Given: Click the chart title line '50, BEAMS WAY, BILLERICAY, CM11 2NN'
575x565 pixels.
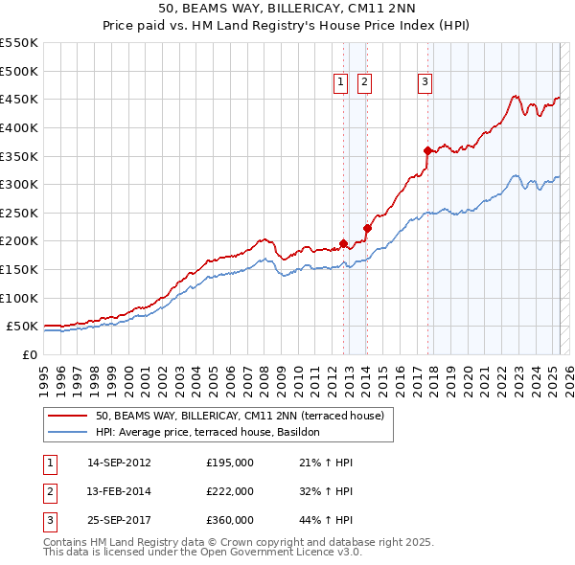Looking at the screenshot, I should [287, 10].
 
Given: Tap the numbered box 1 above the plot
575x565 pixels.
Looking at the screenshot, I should [341, 83].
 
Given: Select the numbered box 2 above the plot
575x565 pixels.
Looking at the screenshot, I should [365, 83].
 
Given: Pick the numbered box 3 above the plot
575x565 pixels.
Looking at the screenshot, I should [424, 83].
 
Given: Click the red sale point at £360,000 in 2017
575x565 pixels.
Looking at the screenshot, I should [427, 150].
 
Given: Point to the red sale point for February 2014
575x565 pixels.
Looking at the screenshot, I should [367, 228].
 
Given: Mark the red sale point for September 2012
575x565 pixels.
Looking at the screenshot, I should [343, 243].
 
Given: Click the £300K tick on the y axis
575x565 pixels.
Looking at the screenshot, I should [21, 184].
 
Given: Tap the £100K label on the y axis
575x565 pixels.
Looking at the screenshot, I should [21, 298].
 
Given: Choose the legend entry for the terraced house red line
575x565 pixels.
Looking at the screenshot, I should [240, 416].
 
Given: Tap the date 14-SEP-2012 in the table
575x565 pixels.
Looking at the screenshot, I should [119, 463].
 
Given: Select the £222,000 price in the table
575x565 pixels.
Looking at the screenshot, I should [230, 491].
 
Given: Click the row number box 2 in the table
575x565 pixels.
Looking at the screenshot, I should [49, 491].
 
